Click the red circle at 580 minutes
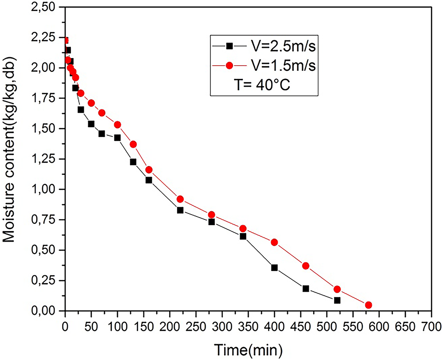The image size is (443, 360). pyautogui.click(x=369, y=305)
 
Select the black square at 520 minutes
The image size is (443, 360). pyautogui.click(x=337, y=300)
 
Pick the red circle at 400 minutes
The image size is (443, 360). pyautogui.click(x=274, y=242)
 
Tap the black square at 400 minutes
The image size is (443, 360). pyautogui.click(x=274, y=268)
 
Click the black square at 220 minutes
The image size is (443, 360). pyautogui.click(x=180, y=210)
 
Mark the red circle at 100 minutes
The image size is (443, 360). pyautogui.click(x=117, y=125)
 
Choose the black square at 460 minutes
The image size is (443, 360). pyautogui.click(x=306, y=289)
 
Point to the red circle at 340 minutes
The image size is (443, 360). pyautogui.click(x=243, y=229)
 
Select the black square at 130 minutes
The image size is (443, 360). pyautogui.click(x=133, y=162)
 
